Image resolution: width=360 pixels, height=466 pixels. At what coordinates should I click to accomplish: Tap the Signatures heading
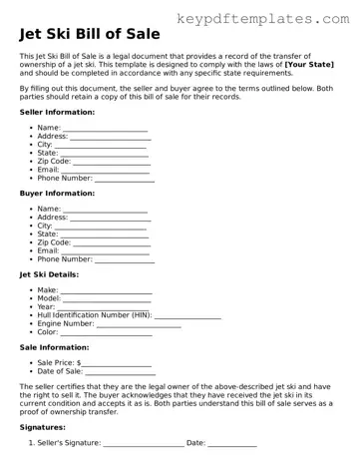point(43,426)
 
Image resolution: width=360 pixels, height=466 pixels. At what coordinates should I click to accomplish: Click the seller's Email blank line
point(104,171)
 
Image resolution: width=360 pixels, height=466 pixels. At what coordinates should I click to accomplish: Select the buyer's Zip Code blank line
point(114,242)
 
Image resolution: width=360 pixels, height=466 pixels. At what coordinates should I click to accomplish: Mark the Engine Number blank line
point(139,324)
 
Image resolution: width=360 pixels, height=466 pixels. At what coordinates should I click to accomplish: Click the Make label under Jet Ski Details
point(47,290)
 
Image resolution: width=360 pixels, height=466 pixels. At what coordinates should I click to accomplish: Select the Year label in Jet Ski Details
point(46,307)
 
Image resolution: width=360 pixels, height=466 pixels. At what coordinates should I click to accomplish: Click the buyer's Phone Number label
point(65,259)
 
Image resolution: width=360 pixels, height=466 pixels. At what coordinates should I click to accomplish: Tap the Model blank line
point(109,299)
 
